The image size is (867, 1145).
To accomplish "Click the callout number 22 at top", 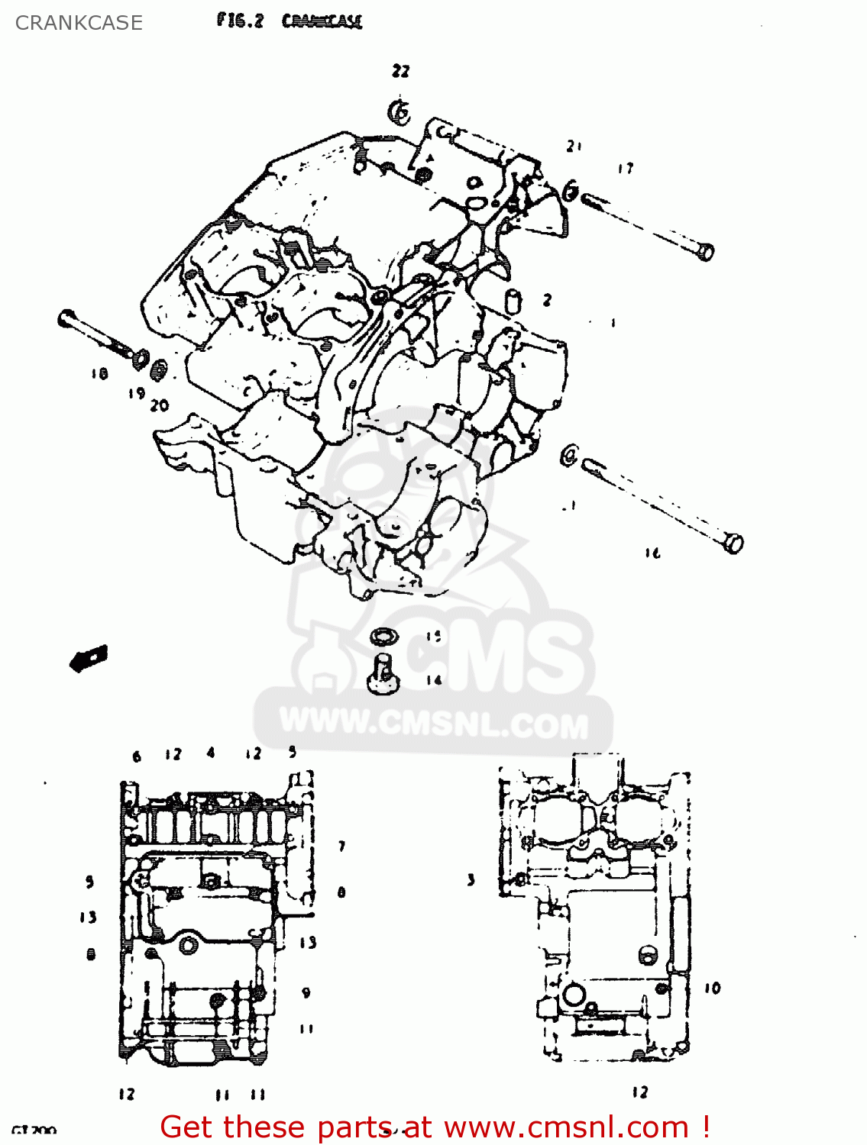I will (x=400, y=71).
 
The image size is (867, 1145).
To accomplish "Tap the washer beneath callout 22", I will (x=399, y=112).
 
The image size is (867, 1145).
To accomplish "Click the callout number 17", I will (x=626, y=169).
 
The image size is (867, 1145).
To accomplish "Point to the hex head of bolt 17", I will (x=706, y=251).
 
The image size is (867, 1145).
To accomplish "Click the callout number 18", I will (x=99, y=374).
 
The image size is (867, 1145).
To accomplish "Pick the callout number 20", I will (x=160, y=405).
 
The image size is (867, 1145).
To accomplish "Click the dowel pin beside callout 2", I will (x=513, y=300).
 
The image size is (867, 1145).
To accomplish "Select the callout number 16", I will (x=652, y=553).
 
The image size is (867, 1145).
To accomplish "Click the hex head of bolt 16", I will (x=733, y=543).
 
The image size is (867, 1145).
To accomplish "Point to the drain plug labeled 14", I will (x=383, y=675).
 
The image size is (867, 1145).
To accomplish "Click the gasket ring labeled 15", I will (x=383, y=635).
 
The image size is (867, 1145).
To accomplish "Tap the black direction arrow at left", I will (x=89, y=658).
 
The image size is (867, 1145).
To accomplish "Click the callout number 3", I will (x=471, y=880).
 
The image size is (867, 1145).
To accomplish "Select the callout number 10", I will (x=712, y=989).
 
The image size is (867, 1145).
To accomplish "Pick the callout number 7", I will (x=341, y=846).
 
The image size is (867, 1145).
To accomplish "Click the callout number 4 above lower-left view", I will (x=211, y=753).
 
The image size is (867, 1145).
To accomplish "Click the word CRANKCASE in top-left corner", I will (x=79, y=23).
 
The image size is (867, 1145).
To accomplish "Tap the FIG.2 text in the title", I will (x=239, y=21).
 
